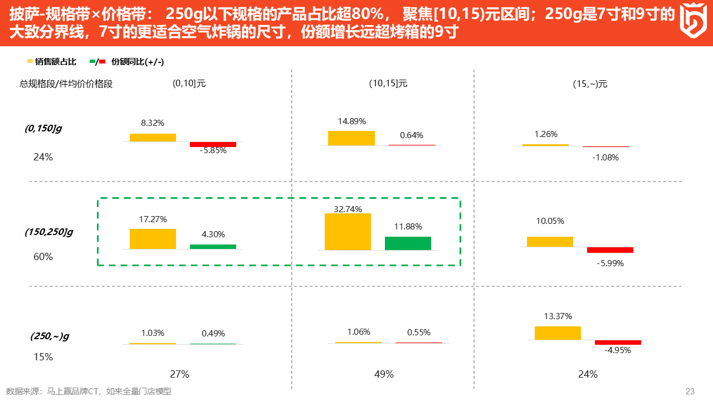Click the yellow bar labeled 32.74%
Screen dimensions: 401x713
[348, 232]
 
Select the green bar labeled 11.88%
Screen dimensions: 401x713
[408, 243]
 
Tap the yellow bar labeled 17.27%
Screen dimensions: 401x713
[153, 239]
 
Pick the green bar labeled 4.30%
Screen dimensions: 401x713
[213, 247]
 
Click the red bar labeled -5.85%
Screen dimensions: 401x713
[213, 144]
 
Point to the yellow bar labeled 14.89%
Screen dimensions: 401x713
[351, 138]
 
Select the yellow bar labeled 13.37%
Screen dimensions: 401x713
[558, 333]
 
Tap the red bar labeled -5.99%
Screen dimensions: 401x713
[610, 250]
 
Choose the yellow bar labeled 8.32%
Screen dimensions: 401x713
[153, 138]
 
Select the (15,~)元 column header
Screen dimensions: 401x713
[590, 84]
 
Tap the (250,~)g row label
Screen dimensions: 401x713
[50, 336]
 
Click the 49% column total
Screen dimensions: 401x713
[384, 374]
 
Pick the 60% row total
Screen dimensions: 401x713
[43, 257]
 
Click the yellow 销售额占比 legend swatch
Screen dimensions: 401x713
[30, 61]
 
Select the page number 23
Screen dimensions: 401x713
[690, 392]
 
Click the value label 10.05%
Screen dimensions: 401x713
[550, 221]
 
